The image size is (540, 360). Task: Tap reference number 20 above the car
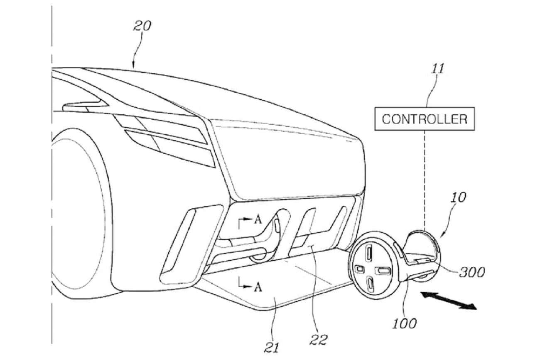[x=142, y=26]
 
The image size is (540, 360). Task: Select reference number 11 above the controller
[x=437, y=69]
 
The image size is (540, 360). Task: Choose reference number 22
[x=319, y=340]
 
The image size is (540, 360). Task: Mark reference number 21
[x=272, y=346]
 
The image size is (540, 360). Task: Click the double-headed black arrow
[x=449, y=301]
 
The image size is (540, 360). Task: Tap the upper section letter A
[x=258, y=221]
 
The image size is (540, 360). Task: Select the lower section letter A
[x=258, y=287]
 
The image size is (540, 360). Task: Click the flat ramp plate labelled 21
[x=266, y=291]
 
